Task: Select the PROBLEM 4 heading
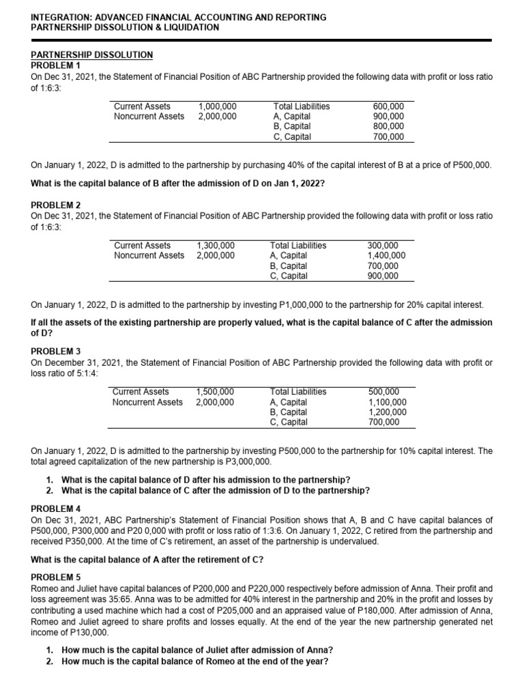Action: coord(56,509)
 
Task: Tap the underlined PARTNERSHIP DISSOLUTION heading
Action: coord(92,55)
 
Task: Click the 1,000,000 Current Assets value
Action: coord(217,106)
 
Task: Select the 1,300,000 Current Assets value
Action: coord(216,246)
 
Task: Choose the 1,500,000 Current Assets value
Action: coord(215,392)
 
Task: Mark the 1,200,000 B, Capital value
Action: coord(387,412)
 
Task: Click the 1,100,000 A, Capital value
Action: coord(387,402)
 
